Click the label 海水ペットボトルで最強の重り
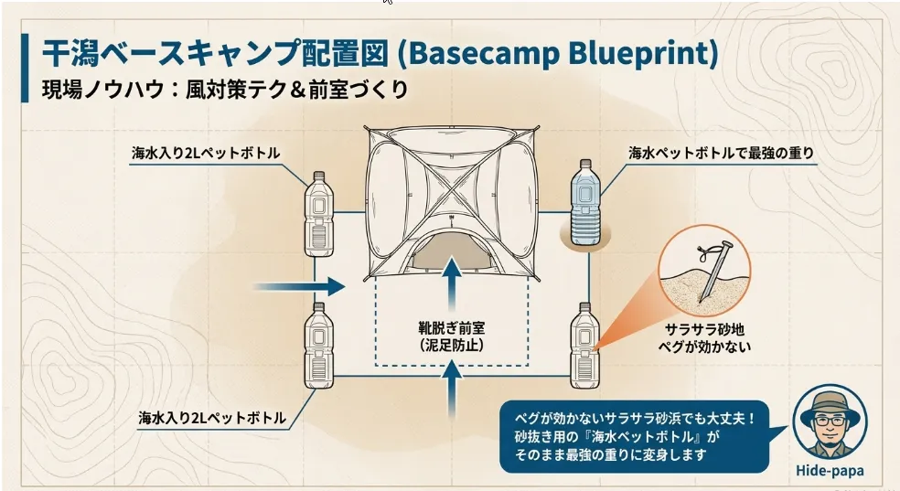coord(721,153)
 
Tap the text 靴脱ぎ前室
coord(452,328)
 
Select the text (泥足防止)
coord(452,346)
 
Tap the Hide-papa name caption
coord(830,470)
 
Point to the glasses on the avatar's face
coord(830,422)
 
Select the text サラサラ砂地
coord(704,329)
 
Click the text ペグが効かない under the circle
coord(704,346)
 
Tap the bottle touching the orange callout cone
coord(584,346)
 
